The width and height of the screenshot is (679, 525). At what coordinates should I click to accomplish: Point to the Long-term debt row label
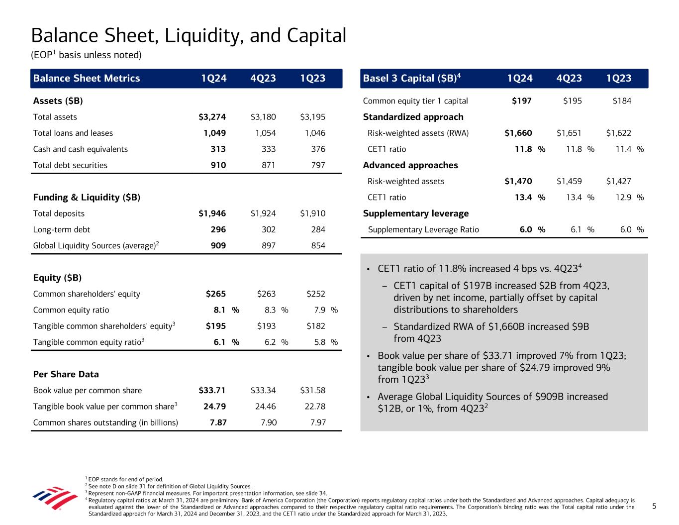coord(62,230)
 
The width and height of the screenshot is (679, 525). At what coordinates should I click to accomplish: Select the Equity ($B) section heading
coord(57,278)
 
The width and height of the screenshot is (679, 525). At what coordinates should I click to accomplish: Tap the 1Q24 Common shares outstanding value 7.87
coord(216,423)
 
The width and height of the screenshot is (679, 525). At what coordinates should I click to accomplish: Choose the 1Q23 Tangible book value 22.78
coord(314,407)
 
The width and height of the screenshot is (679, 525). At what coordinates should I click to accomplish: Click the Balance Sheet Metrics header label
coord(87,78)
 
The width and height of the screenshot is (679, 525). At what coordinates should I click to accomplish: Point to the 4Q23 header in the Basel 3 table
coord(569,78)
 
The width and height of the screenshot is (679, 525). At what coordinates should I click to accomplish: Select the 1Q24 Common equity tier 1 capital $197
coord(521,101)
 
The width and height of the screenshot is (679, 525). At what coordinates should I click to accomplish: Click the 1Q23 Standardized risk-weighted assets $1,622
coord(618,133)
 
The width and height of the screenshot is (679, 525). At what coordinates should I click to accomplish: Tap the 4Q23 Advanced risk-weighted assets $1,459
coord(569,181)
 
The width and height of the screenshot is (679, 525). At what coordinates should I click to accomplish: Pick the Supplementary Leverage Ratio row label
coord(423,230)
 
